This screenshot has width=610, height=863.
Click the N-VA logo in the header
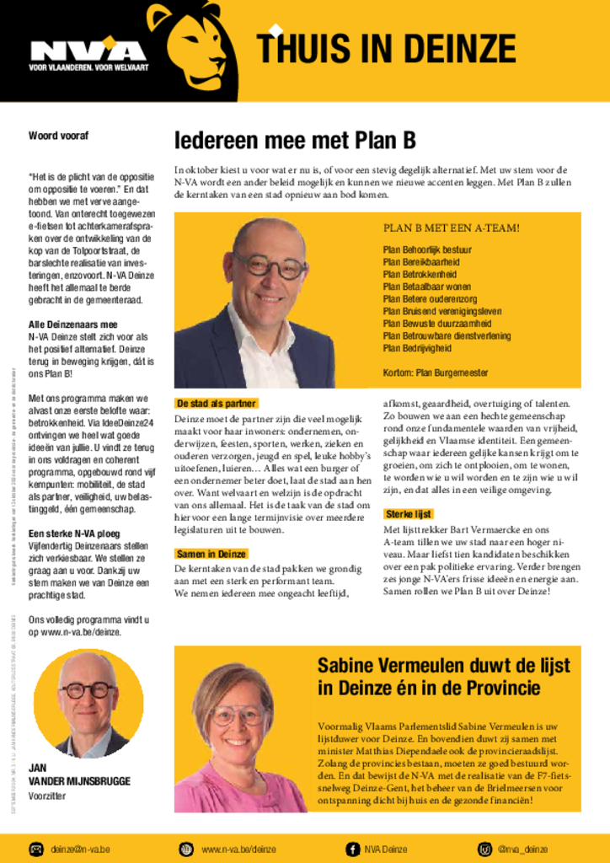pos(88,53)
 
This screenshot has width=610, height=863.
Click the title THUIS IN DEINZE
pos(387,48)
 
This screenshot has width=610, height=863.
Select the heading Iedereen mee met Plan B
pos(295,140)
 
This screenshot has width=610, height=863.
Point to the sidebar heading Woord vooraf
pos(59,136)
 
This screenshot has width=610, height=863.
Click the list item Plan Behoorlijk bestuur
pos(427,250)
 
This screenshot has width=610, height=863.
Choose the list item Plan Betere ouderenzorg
pos(430,299)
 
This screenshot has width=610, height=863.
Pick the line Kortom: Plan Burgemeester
pos(435,373)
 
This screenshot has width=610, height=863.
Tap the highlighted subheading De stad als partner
pos(216,404)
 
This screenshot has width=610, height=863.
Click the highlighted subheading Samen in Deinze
pos(211,554)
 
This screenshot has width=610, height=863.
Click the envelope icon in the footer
pos(37,849)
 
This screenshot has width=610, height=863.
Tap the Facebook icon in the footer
pos(353,849)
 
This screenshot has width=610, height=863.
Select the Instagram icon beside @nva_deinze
pos(485,849)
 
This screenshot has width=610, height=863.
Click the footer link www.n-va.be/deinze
pos(238,849)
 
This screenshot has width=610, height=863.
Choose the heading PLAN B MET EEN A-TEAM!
pos(451,228)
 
